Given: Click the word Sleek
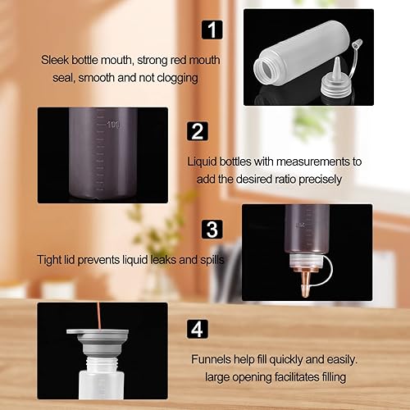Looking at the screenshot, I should [x=56, y=60].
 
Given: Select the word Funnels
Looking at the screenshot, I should [x=214, y=358].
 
